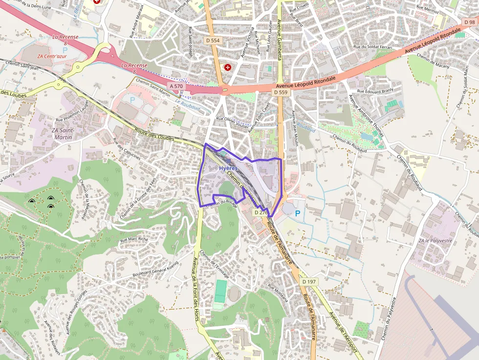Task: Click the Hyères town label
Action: click(x=228, y=168)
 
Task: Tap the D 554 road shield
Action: click(x=213, y=40)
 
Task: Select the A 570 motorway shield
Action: click(x=176, y=86)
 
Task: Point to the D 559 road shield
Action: click(x=281, y=92)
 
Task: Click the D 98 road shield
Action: click(x=470, y=22)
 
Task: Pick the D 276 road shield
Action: click(x=261, y=212)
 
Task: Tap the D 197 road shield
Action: click(x=309, y=282)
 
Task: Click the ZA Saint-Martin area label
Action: click(x=62, y=134)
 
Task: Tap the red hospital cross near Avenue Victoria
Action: click(x=227, y=67)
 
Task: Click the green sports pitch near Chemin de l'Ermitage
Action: click(x=220, y=291)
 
